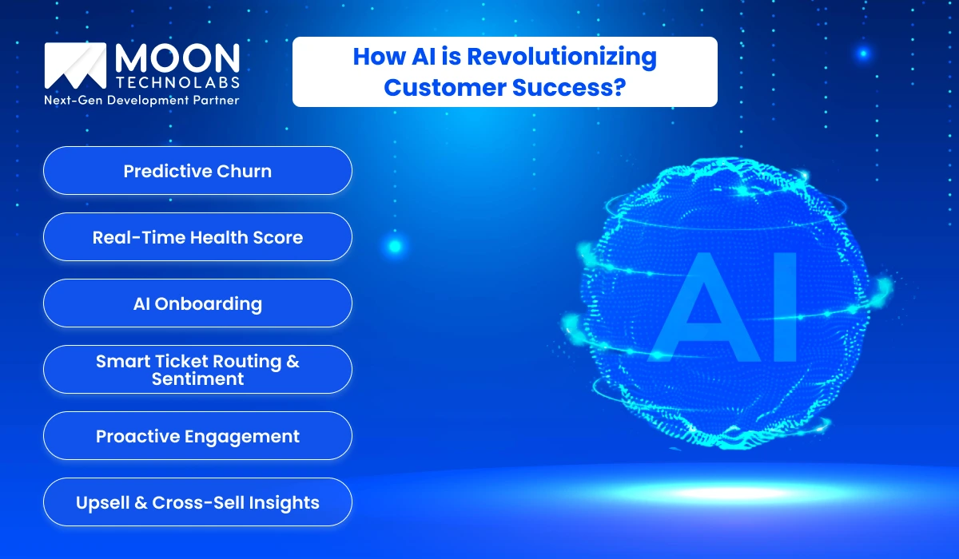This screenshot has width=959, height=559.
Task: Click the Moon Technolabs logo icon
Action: click(76, 66)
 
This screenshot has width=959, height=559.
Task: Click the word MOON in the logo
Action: click(177, 58)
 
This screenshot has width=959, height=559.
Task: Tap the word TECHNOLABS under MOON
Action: click(177, 82)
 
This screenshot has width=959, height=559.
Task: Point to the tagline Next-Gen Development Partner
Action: click(141, 101)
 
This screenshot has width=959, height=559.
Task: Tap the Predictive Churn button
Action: click(197, 171)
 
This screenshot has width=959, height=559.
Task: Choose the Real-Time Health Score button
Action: click(197, 237)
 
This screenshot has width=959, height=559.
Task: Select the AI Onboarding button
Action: click(197, 303)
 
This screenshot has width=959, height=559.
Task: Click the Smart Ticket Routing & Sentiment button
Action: click(197, 370)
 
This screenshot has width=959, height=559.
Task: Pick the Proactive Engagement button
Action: click(197, 436)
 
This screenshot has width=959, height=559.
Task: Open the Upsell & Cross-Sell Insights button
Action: click(197, 502)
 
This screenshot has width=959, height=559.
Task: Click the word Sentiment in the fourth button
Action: click(197, 379)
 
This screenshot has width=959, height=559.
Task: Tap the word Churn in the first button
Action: click(245, 171)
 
